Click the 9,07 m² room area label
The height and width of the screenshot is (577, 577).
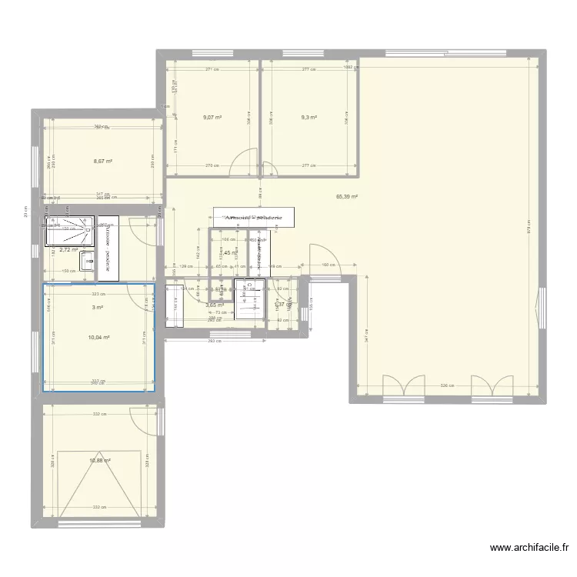[x=212, y=118]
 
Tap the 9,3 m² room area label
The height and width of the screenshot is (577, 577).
[x=309, y=118]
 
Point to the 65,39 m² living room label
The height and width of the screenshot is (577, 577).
[x=347, y=197]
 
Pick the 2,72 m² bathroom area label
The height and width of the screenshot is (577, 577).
[x=69, y=250]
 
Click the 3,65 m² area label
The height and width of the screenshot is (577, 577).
[x=214, y=305]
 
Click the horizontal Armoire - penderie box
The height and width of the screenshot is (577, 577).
[x=254, y=218]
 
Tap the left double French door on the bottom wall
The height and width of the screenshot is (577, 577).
[x=404, y=388]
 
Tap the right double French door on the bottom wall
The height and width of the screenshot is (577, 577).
[x=492, y=388]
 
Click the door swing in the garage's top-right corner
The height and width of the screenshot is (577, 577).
[x=143, y=419]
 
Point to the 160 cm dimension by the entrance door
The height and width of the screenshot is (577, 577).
[x=327, y=265]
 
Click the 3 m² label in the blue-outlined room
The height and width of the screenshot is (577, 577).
[x=98, y=308]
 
